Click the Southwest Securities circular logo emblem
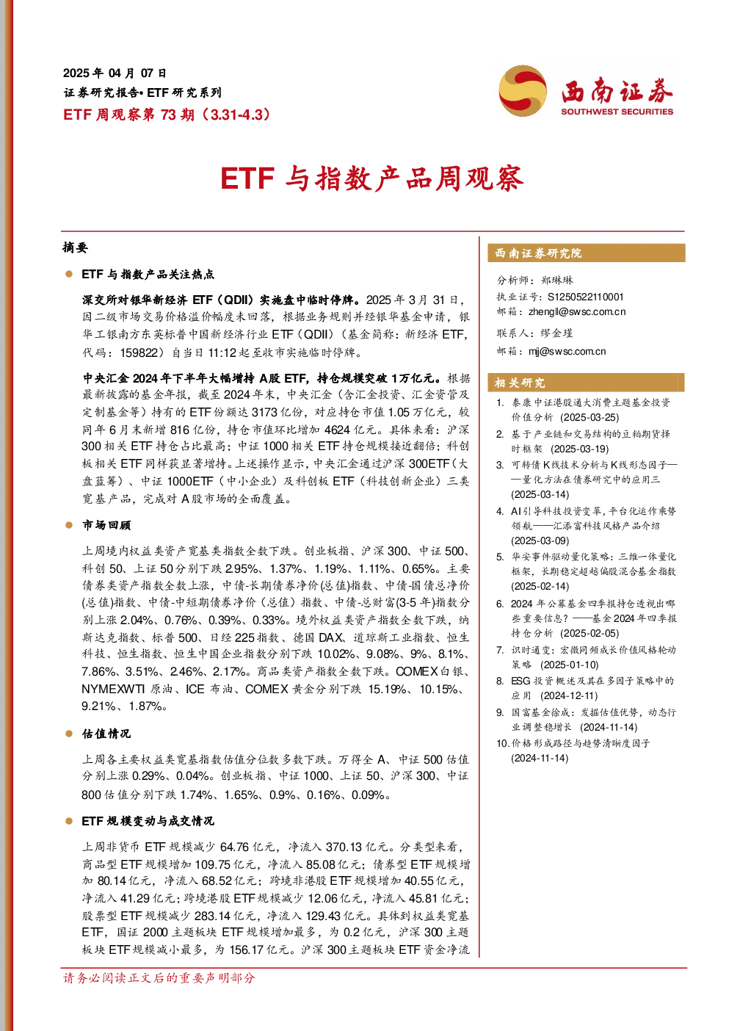tap(523, 90)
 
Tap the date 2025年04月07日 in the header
tap(115, 73)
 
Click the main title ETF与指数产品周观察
tap(372, 178)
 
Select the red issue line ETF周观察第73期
tap(129, 114)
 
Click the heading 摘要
tap(76, 247)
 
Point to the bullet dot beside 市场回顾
tap(69, 525)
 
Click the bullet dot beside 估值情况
tap(69, 734)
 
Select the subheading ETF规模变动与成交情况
tap(148, 821)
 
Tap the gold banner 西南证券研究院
tap(587, 253)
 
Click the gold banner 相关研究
tap(587, 383)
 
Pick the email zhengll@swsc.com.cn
tap(577, 311)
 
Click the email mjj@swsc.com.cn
tap(567, 351)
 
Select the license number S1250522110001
tap(585, 297)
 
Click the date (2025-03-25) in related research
tap(590, 417)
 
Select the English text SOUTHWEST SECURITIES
tap(617, 112)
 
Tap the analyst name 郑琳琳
tap(557, 281)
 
